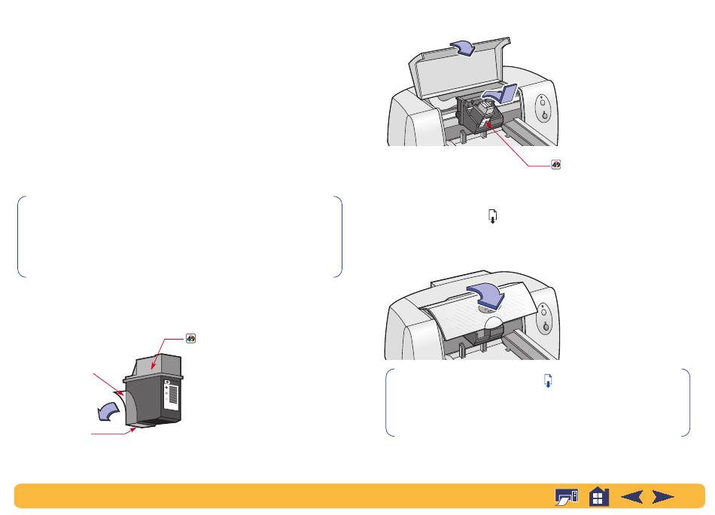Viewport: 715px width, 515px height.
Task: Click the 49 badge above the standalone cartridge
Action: tap(190, 339)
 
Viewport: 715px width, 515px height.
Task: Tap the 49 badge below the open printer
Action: tap(555, 165)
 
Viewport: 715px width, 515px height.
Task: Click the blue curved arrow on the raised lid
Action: tap(463, 47)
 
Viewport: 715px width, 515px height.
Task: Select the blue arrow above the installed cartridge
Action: tap(500, 93)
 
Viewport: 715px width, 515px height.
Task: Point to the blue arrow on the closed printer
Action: tap(487, 294)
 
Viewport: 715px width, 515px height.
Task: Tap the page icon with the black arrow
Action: tap(492, 216)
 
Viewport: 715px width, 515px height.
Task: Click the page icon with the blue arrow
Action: tap(548, 380)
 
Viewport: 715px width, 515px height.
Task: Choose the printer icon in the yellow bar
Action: tap(566, 496)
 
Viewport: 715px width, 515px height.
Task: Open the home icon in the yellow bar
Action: tap(599, 496)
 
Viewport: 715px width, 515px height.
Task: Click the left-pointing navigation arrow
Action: tap(632, 496)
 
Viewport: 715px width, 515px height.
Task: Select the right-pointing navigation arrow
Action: tap(662, 496)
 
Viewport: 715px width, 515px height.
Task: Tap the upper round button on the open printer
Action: tap(542, 102)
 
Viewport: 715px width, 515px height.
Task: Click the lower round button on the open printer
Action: tap(544, 115)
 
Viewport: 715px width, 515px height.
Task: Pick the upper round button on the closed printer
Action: tap(543, 312)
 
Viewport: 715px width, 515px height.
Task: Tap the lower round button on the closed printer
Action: tap(546, 326)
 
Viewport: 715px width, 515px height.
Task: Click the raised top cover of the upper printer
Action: tap(458, 68)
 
